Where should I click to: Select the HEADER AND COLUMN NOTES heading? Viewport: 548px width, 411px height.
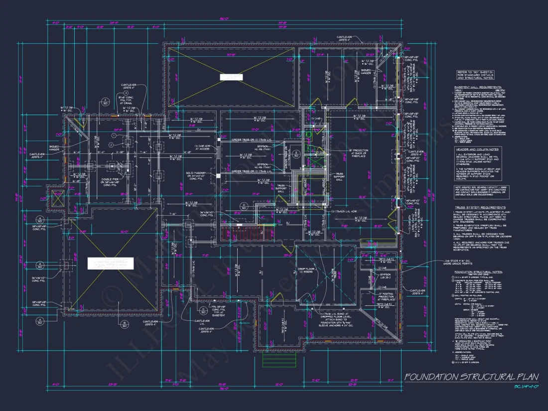coord(477,149)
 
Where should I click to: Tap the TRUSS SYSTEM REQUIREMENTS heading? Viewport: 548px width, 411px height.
coord(480,207)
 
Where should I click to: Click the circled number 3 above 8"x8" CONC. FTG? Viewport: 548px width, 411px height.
coord(126,93)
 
